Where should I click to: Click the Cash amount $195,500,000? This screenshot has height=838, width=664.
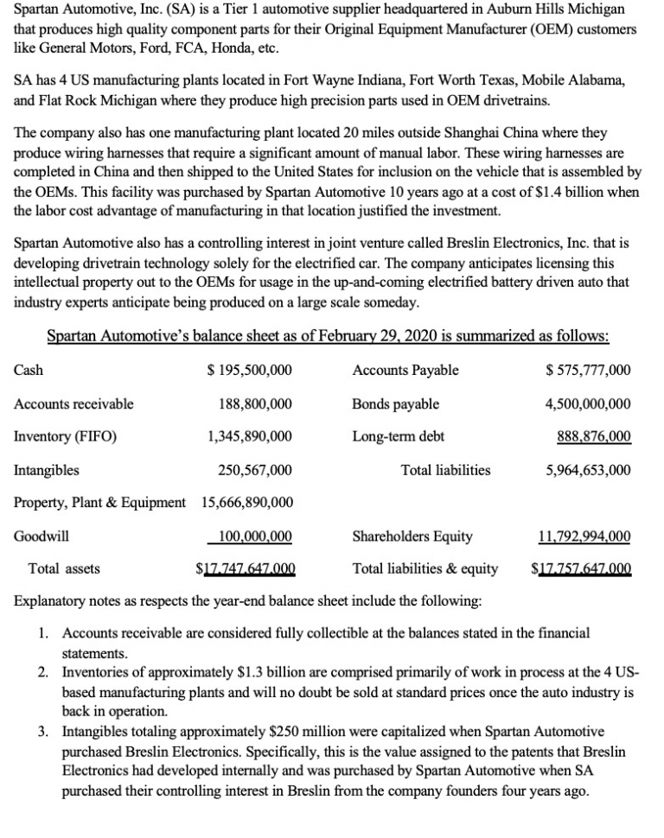pos(251,371)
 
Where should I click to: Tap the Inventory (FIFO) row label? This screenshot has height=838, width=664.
pos(66,436)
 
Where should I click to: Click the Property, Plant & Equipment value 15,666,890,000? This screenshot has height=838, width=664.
pos(247,503)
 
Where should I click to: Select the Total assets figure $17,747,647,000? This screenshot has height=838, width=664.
pos(246,568)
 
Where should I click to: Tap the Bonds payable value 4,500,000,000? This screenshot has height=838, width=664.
pos(588,403)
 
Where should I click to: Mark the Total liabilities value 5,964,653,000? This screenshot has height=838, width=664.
pos(588,470)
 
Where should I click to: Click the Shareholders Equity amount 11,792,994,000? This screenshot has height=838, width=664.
pos(584,536)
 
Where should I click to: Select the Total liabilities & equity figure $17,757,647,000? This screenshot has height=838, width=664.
pos(581,568)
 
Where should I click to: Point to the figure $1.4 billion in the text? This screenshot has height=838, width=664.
pos(578,193)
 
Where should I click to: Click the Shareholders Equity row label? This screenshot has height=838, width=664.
pos(412,536)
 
